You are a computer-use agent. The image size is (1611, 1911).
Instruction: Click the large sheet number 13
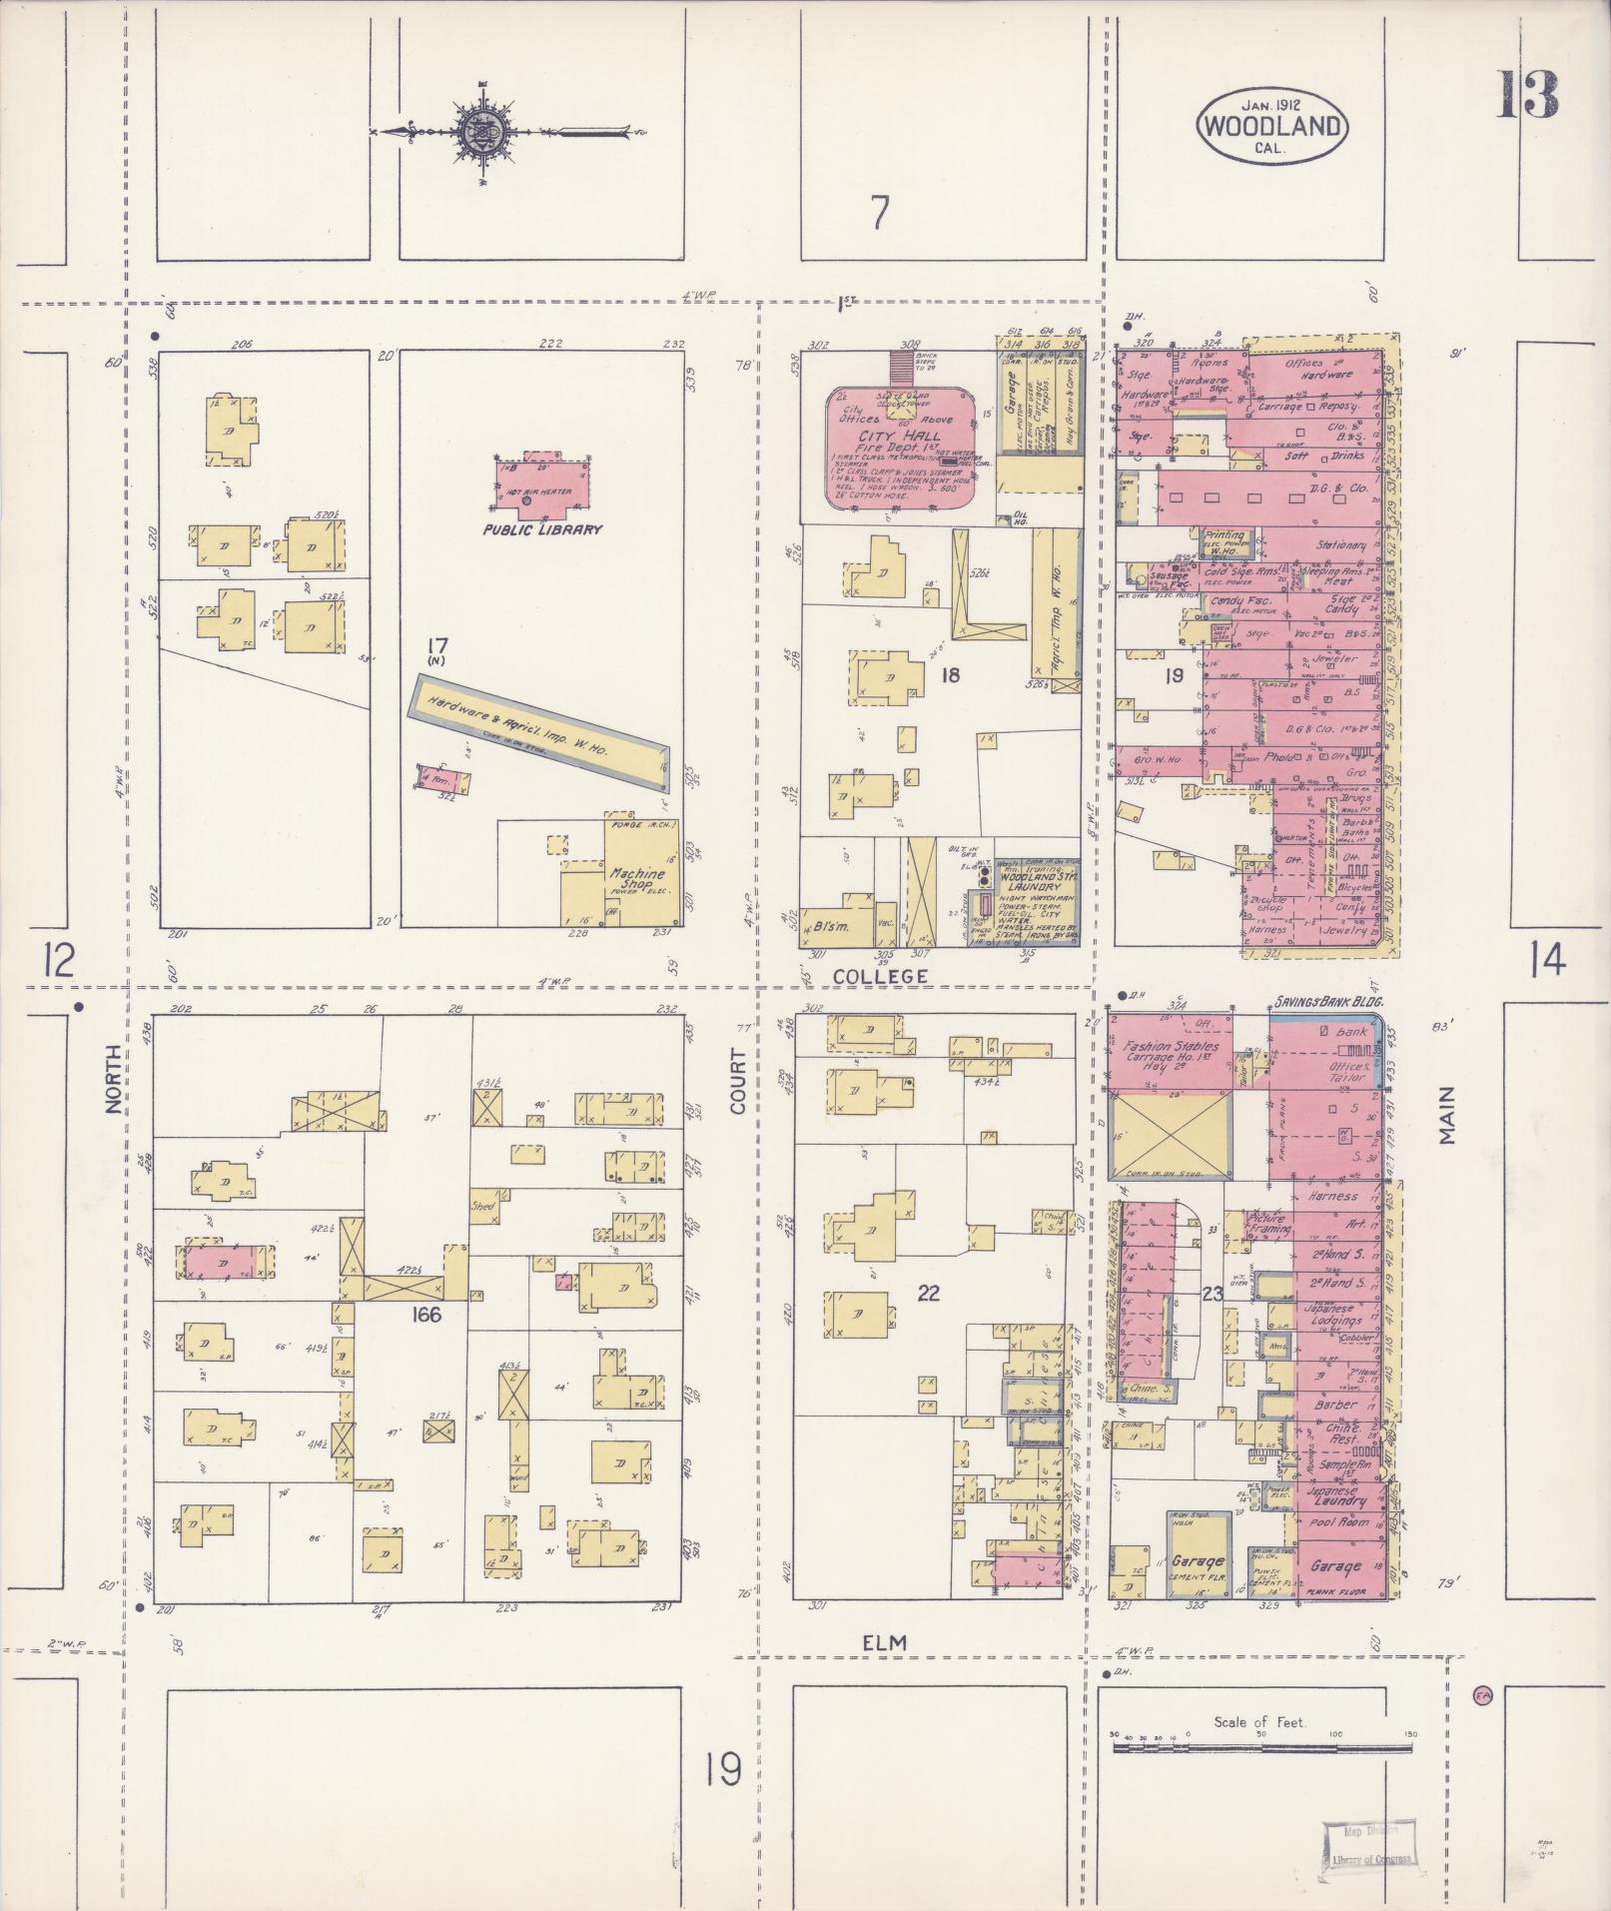pyautogui.click(x=1527, y=95)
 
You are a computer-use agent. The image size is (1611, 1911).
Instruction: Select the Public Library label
pyautogui.click(x=542, y=529)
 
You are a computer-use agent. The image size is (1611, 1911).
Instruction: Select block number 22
pyautogui.click(x=928, y=1293)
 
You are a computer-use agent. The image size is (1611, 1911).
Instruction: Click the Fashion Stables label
pyautogui.click(x=1170, y=1045)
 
